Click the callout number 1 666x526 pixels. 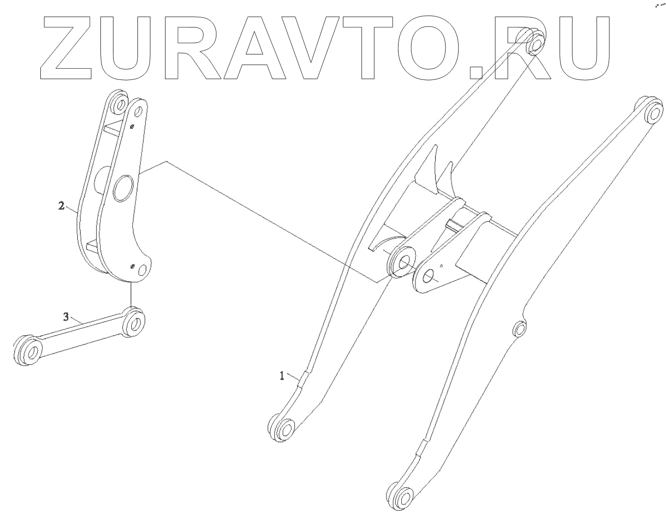(x=281, y=375)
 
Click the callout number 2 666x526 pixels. (x=61, y=206)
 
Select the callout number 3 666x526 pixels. (x=65, y=316)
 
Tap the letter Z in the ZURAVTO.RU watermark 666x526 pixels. (x=66, y=48)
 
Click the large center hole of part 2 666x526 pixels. (x=124, y=188)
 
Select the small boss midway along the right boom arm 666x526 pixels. (x=518, y=329)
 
